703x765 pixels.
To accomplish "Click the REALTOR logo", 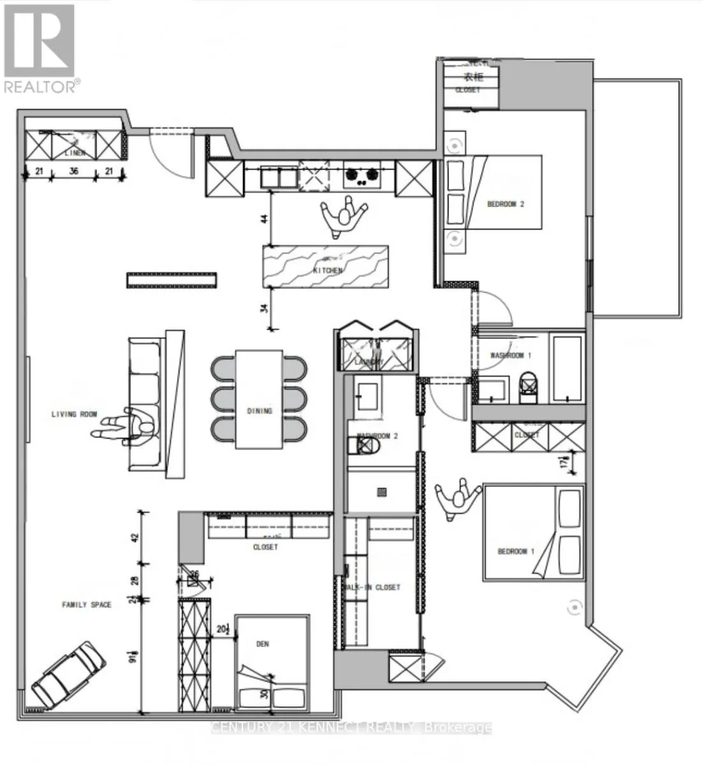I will [x=40, y=48].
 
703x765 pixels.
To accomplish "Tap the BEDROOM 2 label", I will [x=505, y=205].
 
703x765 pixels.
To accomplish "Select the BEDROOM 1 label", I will [x=516, y=551].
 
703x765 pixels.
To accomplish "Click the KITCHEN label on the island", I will [x=327, y=270].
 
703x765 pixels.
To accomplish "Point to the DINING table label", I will [x=259, y=411].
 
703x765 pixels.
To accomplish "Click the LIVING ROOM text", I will [x=74, y=415].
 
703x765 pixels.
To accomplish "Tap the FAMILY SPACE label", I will [x=86, y=604].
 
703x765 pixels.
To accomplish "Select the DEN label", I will [x=263, y=645].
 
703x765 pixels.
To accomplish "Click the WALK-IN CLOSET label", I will [x=372, y=587].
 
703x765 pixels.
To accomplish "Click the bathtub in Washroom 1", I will [x=566, y=368].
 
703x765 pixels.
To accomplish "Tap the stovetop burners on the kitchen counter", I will [x=362, y=175].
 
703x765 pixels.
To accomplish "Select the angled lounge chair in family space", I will [x=68, y=674].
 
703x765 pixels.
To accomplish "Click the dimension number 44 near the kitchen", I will [x=265, y=218].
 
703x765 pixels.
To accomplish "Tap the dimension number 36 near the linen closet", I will [x=73, y=171].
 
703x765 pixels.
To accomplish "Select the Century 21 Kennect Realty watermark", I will [x=351, y=727].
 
